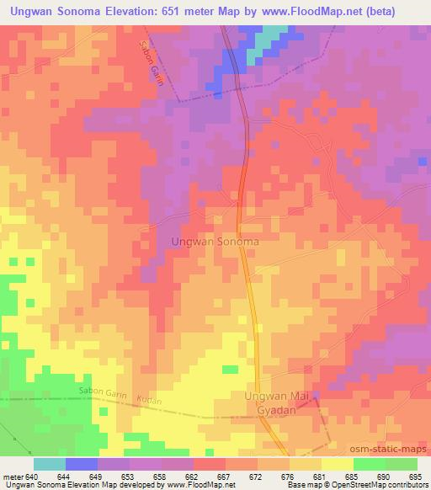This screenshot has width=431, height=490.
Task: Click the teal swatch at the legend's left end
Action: click(x=50, y=464)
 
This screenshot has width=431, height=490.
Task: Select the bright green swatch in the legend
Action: click(x=369, y=464)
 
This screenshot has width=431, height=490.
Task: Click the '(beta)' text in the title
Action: click(x=407, y=10)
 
